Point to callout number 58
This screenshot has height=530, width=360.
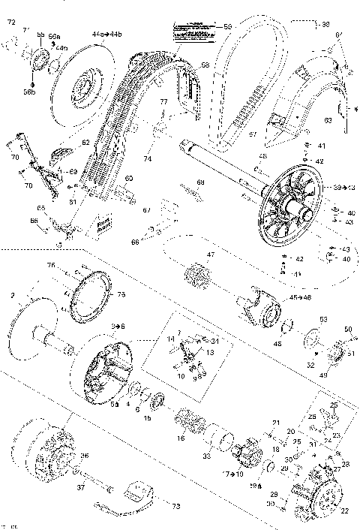pos(205,66)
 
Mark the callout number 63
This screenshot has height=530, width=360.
pos(328,118)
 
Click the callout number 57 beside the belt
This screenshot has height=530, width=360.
pos(252,135)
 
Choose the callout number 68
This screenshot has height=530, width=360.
pos(200,182)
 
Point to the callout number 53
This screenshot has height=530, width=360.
pos(323,319)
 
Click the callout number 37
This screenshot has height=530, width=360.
pos(81,488)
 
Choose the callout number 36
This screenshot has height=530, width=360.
pos(84,456)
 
